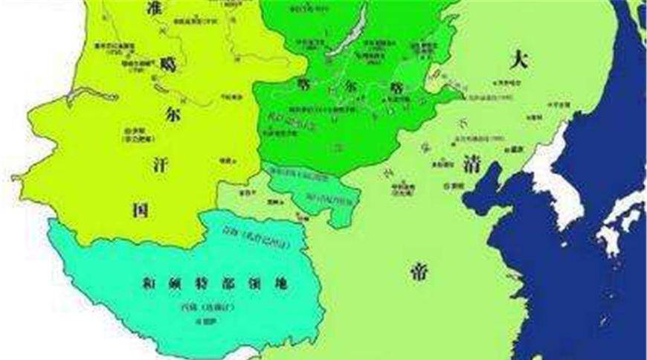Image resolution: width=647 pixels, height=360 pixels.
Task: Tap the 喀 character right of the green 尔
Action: pos(393,86)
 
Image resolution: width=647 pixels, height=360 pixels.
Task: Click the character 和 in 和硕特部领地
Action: pos(149,283)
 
